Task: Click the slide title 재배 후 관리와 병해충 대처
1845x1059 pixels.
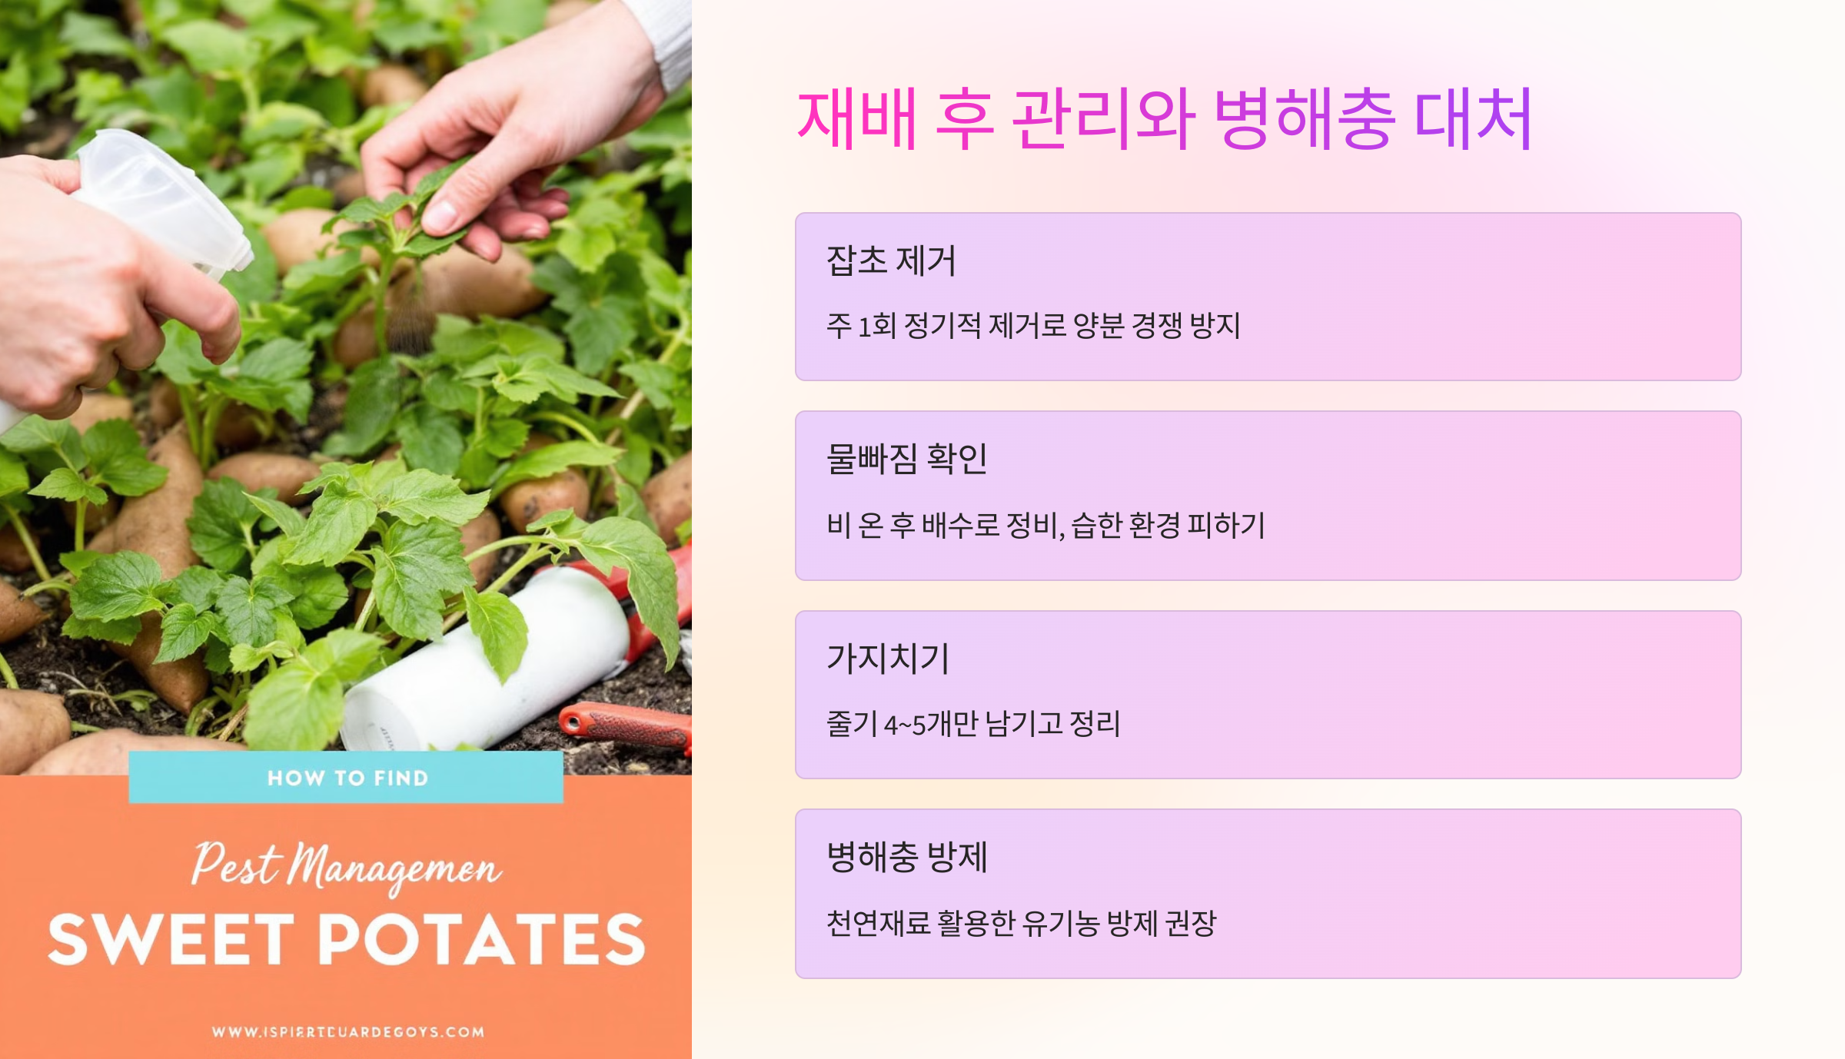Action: (1164, 119)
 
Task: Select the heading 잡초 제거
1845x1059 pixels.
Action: (891, 261)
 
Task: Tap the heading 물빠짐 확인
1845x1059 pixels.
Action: (906, 459)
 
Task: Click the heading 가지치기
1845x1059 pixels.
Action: (888, 659)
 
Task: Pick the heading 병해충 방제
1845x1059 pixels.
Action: (906, 857)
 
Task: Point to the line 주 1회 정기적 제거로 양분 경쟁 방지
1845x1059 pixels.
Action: (1033, 326)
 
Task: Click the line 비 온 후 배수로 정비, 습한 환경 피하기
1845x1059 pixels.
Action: (1045, 526)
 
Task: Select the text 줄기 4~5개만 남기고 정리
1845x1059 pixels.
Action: (973, 724)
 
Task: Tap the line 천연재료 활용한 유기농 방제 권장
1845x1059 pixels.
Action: (1021, 923)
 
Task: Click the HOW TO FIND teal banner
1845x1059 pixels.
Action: (347, 778)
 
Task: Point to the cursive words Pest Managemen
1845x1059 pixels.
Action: (346, 867)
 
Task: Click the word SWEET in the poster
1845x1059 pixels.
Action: (171, 939)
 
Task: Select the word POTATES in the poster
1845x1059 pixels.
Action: (481, 939)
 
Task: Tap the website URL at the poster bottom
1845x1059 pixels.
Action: (347, 1031)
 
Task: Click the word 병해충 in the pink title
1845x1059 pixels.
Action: (1304, 119)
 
